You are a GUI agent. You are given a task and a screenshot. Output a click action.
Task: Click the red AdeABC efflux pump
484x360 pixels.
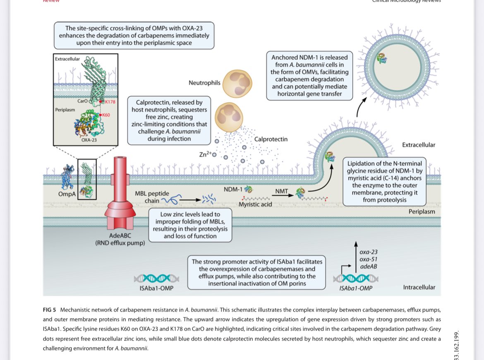point(120,194)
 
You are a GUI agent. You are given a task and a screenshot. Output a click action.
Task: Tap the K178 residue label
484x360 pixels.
point(110,101)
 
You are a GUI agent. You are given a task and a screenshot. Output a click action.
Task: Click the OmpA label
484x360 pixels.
point(67,194)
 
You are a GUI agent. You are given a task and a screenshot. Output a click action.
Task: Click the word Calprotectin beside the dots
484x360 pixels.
point(271,139)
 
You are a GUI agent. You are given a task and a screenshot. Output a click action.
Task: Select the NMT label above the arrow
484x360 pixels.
point(282,191)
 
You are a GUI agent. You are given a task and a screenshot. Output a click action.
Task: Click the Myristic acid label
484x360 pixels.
point(255,204)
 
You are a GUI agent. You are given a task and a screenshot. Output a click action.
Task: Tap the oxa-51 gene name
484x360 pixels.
point(368,259)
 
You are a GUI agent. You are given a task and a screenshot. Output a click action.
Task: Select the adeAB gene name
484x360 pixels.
point(368,266)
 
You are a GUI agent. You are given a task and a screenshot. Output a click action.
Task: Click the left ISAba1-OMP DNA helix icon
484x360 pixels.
point(156,278)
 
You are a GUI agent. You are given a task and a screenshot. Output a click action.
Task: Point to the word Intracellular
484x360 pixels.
point(419,287)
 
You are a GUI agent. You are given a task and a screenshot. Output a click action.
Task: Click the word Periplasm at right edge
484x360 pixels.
point(422,211)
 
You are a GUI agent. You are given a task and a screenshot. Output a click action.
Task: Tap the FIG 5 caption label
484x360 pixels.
point(49,310)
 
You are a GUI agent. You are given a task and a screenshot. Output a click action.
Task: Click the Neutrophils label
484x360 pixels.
point(204,83)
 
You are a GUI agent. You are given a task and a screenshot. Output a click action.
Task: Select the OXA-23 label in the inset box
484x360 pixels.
point(89,140)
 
